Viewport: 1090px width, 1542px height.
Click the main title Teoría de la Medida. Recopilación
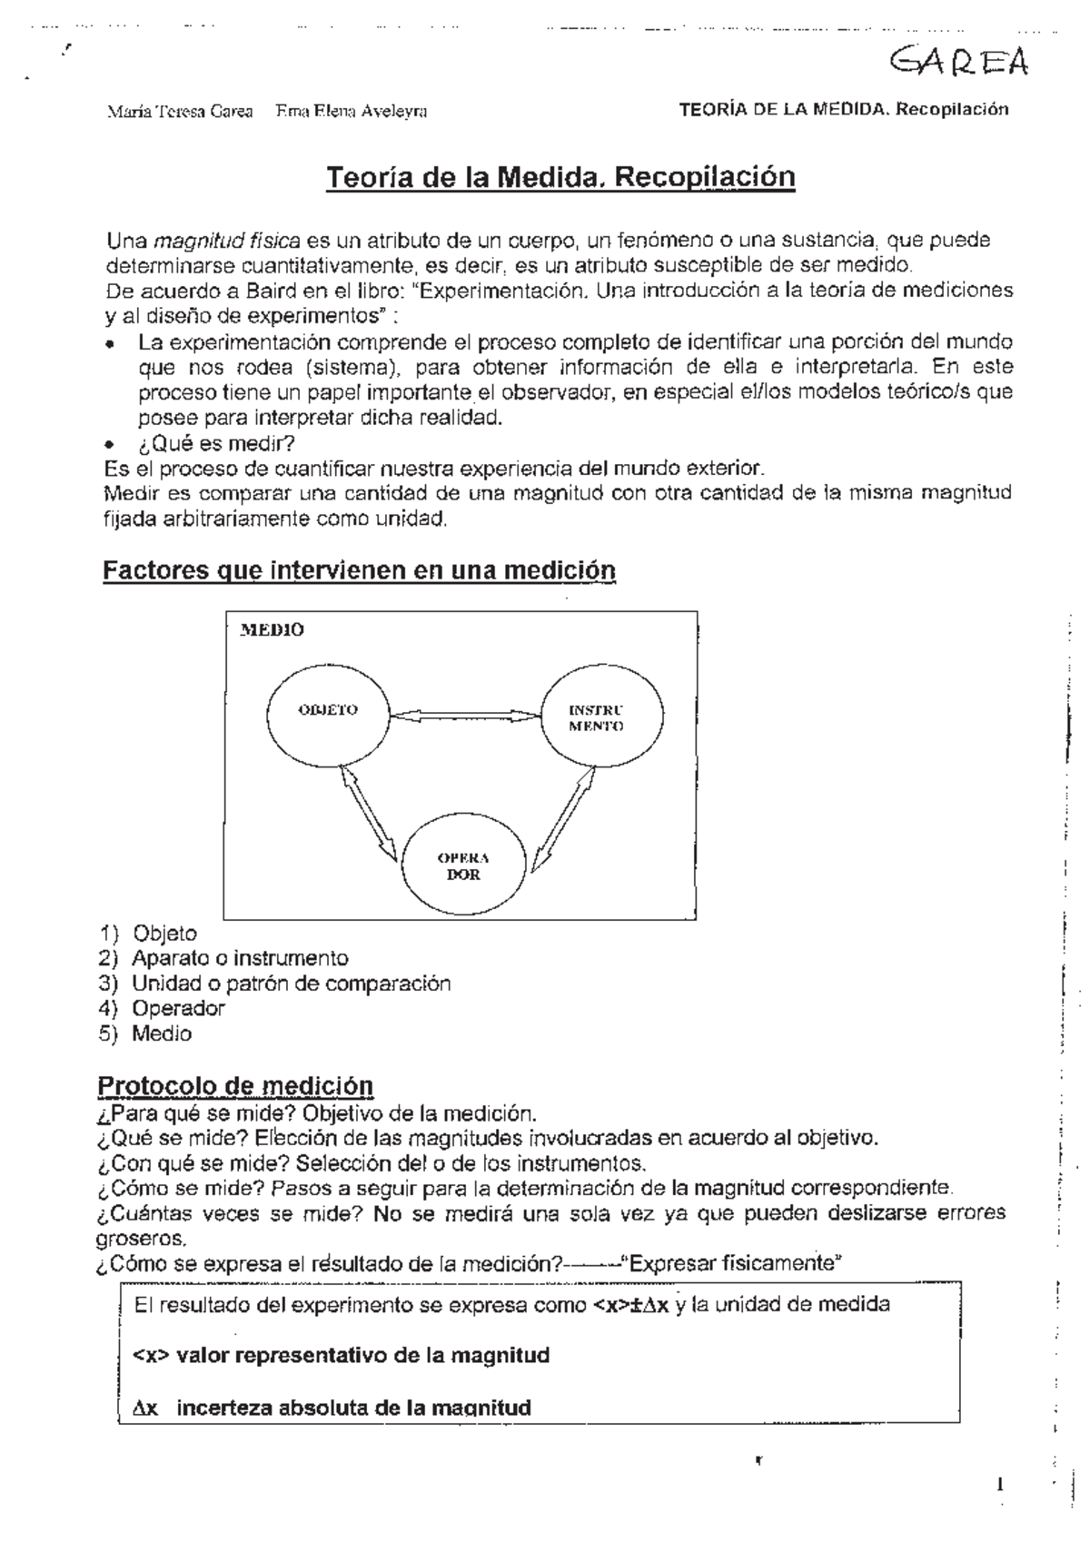tap(560, 176)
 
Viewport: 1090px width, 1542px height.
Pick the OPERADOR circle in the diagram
tap(464, 867)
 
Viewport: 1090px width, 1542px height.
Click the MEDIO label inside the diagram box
tap(271, 629)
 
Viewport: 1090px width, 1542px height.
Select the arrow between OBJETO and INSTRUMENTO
tap(464, 716)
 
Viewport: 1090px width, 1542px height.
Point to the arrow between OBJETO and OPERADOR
tap(369, 813)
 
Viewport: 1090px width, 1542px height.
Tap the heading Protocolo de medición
tap(235, 1085)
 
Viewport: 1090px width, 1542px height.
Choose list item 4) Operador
tap(177, 1008)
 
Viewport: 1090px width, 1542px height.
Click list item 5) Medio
tap(161, 1033)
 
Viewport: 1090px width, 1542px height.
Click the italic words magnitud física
tap(227, 242)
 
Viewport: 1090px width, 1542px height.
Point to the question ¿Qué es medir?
tap(216, 443)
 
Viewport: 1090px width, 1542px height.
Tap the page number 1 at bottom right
tap(1000, 1486)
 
